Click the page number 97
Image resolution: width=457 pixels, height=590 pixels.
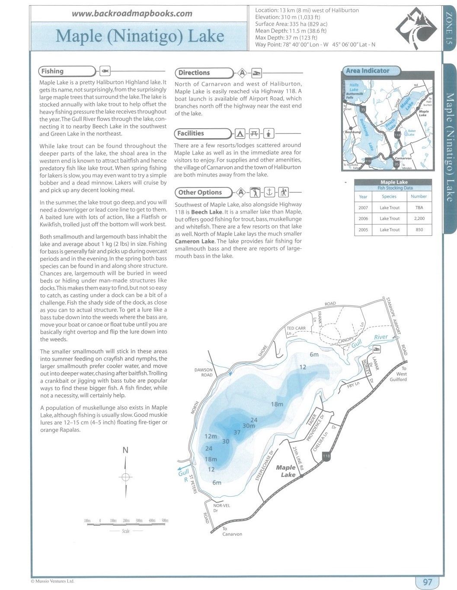click(427, 582)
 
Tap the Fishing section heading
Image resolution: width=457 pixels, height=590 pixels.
click(53, 71)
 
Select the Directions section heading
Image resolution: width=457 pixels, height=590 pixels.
click(194, 73)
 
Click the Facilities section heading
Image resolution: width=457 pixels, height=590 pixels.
click(191, 133)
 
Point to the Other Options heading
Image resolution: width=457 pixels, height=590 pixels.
click(200, 193)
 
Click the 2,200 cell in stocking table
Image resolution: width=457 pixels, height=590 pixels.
click(419, 219)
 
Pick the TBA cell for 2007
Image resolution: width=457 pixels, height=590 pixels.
click(419, 208)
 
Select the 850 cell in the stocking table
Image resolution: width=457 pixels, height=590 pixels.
click(419, 230)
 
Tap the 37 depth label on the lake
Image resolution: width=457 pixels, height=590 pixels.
click(237, 432)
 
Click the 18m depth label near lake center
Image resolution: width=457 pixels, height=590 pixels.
click(277, 404)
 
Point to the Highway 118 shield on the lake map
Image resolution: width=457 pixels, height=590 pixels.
click(326, 456)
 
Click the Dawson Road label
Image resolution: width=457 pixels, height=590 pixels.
click(204, 372)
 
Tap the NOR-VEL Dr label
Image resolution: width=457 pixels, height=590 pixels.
click(222, 508)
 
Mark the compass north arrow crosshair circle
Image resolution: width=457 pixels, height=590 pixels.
click(125, 477)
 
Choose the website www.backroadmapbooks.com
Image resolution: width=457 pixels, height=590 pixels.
click(132, 13)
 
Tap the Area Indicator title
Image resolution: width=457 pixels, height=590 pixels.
click(368, 71)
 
